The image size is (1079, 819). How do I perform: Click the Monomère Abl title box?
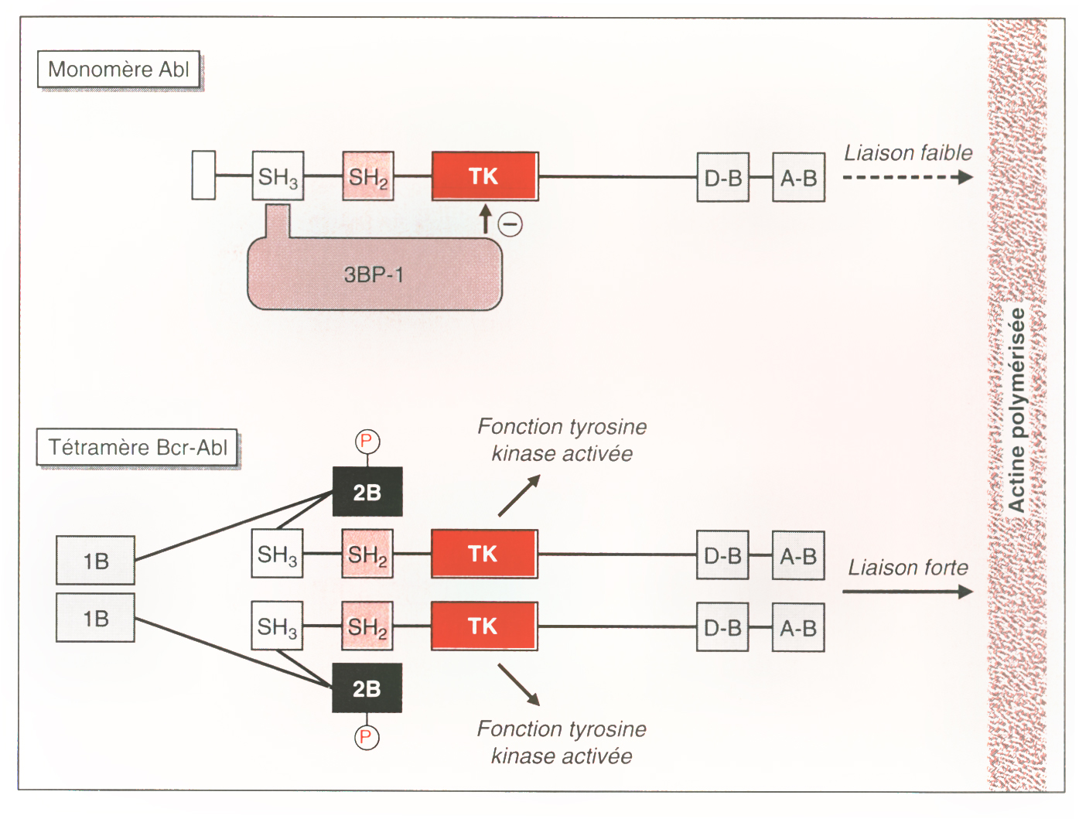119,70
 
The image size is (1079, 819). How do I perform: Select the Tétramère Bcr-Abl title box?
137,448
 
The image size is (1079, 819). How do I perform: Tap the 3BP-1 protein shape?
374,275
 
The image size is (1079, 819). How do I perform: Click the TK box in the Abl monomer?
484,176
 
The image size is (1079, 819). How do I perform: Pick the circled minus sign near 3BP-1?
510,224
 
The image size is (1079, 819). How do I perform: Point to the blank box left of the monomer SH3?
203,176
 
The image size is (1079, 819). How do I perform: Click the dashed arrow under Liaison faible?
907,177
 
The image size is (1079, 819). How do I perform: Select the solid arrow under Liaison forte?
907,592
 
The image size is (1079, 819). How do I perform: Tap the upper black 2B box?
367,492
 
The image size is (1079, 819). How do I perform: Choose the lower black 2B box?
367,688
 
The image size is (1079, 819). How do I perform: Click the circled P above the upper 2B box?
367,442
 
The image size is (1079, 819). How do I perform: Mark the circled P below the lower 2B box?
367,737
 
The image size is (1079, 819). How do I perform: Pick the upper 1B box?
96,561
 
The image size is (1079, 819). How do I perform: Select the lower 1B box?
96,618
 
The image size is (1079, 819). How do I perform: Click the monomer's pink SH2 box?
368,176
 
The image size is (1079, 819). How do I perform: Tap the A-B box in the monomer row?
798,178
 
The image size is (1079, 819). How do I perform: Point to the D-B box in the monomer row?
723,178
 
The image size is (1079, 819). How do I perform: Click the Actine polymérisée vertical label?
1016,410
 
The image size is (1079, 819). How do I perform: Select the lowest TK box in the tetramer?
483,626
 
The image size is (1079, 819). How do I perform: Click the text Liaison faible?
908,153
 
